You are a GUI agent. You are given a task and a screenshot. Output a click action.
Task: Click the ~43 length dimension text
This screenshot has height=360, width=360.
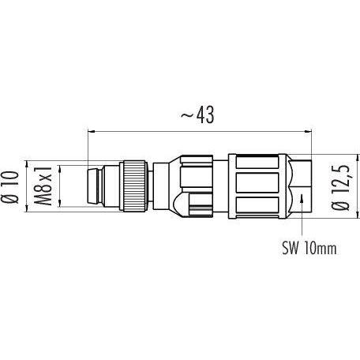point(197,114)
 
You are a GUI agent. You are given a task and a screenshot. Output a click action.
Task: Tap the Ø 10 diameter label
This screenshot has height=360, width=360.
point(10,187)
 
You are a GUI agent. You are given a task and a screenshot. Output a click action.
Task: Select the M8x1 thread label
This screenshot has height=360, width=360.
point(43,186)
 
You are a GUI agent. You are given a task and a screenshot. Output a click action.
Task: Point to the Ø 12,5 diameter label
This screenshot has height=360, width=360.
point(340,187)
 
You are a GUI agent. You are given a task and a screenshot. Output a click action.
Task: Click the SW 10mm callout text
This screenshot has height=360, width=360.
point(309,248)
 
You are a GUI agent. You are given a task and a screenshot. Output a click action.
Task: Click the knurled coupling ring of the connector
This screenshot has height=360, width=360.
point(134,186)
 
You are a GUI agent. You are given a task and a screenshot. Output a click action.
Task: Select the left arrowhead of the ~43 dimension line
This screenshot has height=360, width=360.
point(91,131)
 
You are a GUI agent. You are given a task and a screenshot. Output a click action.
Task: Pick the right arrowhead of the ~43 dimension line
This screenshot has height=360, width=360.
point(308,131)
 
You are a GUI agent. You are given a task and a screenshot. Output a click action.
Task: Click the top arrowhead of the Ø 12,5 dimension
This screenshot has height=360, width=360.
point(358,158)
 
